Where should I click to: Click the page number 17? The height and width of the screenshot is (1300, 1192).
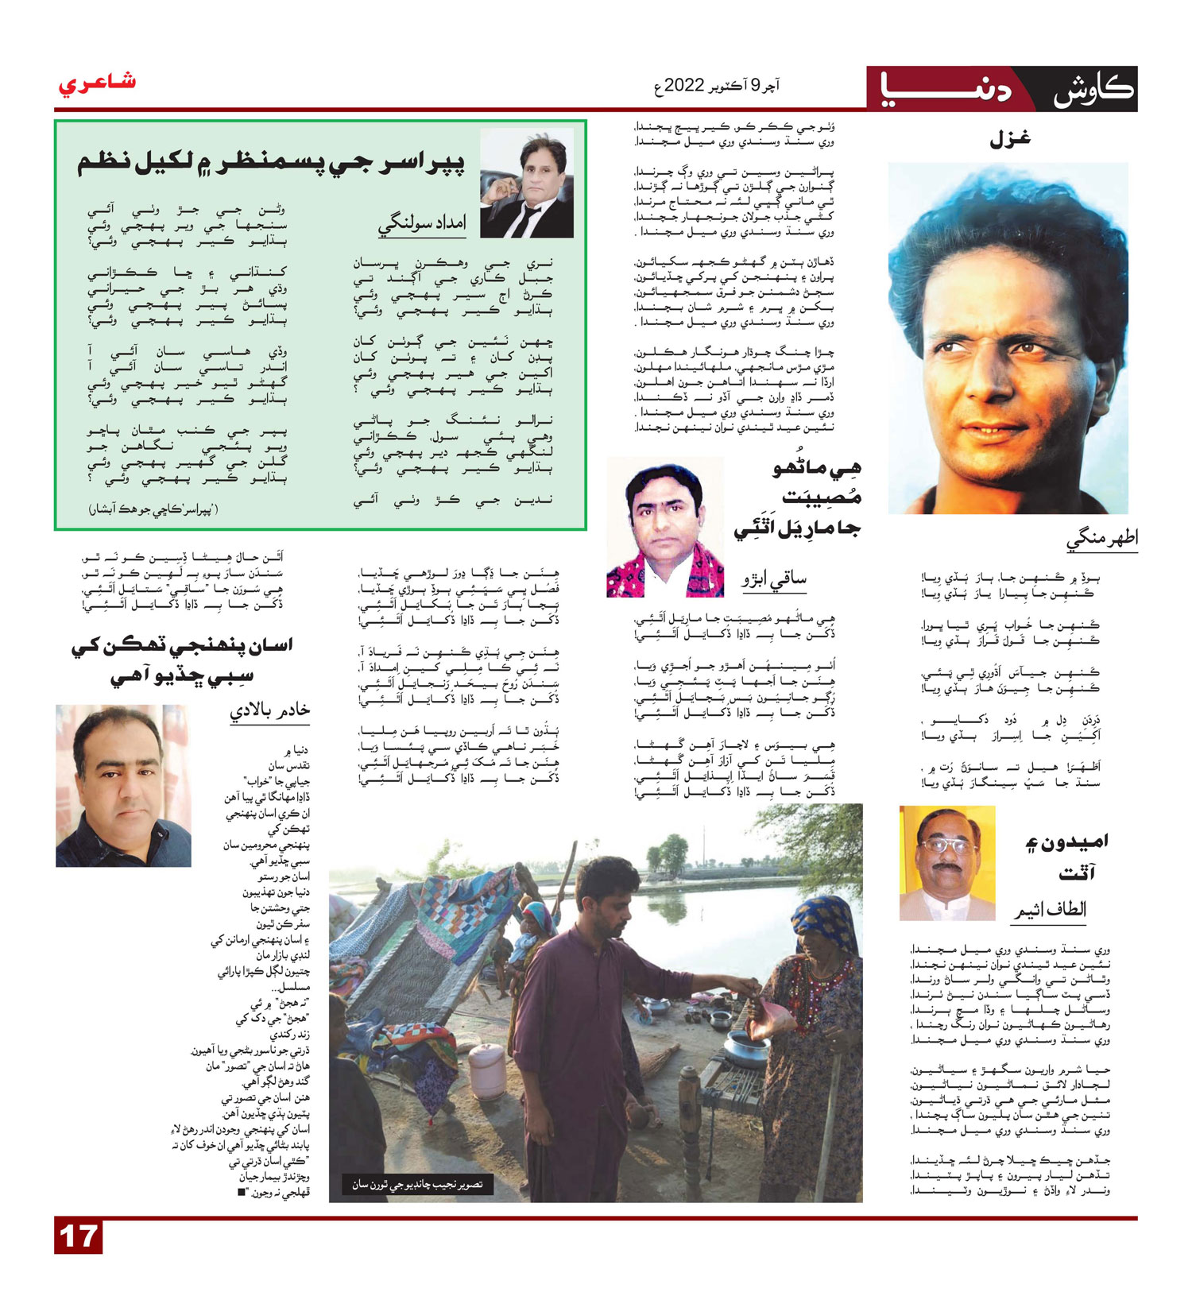coord(78,1237)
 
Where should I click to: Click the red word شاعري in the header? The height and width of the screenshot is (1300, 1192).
coord(96,83)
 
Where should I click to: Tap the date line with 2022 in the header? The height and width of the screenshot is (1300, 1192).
coord(717,85)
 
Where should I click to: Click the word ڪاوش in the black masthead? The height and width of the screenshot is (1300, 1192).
coord(1093,89)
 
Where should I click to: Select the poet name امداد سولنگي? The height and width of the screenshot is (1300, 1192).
coord(421,224)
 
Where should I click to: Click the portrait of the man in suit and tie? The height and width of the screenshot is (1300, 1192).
coord(527,184)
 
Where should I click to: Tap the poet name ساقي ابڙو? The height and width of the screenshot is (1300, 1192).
coord(774,578)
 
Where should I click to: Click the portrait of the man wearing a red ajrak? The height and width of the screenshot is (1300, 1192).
coord(665,528)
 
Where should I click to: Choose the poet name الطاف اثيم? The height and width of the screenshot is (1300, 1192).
coord(1049,909)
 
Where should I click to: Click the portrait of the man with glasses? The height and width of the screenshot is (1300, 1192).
coord(946,863)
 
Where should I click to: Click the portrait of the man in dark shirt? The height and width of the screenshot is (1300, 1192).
coord(123,786)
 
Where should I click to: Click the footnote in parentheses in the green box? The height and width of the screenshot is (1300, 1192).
coord(153,509)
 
